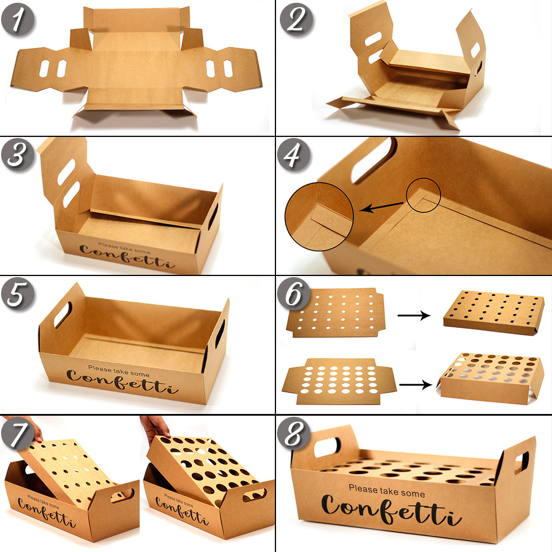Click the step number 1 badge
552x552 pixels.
[x=18, y=20]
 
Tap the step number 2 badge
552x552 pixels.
[x=296, y=19]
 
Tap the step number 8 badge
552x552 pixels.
[x=294, y=433]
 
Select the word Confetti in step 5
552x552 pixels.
[x=122, y=381]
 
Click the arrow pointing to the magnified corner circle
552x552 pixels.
[x=381, y=208]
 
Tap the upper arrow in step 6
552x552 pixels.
[x=414, y=315]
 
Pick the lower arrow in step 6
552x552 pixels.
[x=416, y=384]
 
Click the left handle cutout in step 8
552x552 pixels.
[x=327, y=447]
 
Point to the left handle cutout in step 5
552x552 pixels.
[x=63, y=315]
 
